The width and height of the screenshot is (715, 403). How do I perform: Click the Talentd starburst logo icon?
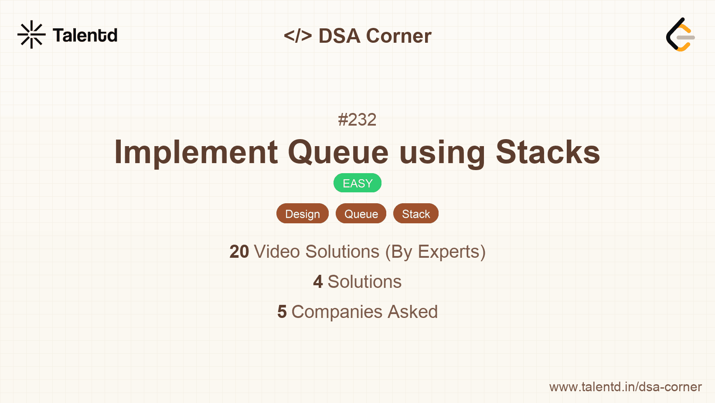pyautogui.click(x=31, y=35)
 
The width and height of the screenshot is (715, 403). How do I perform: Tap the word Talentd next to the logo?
pyautogui.click(x=85, y=35)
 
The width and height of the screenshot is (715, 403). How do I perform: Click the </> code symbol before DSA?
pyautogui.click(x=298, y=36)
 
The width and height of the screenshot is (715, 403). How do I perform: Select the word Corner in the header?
pyautogui.click(x=398, y=36)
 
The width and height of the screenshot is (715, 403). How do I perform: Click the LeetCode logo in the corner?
pyautogui.click(x=680, y=35)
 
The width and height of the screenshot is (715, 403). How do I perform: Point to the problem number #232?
pyautogui.click(x=357, y=120)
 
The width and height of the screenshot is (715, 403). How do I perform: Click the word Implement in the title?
pyautogui.click(x=196, y=152)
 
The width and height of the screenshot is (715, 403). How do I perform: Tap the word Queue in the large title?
pyautogui.click(x=338, y=152)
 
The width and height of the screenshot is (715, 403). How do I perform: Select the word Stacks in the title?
pyautogui.click(x=548, y=152)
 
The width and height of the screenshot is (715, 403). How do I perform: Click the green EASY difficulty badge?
pyautogui.click(x=357, y=183)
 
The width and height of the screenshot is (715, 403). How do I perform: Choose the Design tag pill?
pyautogui.click(x=303, y=214)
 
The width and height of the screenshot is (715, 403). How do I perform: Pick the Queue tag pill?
pyautogui.click(x=361, y=214)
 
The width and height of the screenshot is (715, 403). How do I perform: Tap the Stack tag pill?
pyautogui.click(x=416, y=214)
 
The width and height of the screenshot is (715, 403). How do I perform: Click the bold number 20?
pyautogui.click(x=239, y=252)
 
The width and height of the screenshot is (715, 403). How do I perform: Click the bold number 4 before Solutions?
pyautogui.click(x=318, y=282)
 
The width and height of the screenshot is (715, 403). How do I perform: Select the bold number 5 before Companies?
pyautogui.click(x=282, y=312)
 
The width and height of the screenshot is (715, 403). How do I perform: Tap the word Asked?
pyautogui.click(x=412, y=312)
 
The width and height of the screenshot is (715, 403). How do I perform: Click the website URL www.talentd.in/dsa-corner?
pyautogui.click(x=625, y=387)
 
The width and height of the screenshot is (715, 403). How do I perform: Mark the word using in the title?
pyautogui.click(x=442, y=152)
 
